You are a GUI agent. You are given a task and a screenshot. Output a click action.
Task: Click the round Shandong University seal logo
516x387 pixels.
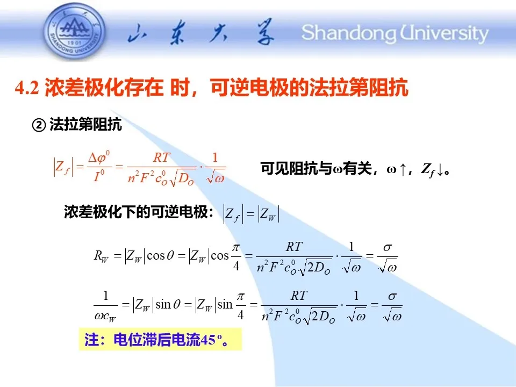pos(75,31)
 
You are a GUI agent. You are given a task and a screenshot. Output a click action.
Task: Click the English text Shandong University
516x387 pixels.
pos(395,33)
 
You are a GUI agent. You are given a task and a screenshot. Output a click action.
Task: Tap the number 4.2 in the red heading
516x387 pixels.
pos(27,88)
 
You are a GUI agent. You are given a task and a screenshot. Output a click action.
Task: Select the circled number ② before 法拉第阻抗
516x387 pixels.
pos(39,125)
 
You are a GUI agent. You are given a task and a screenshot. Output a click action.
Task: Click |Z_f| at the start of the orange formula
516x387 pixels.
pos(63,167)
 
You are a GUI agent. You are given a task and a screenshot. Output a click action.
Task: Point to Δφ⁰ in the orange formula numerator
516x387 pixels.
pos(99,157)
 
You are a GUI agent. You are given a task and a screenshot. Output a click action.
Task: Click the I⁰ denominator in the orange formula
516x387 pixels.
pos(99,176)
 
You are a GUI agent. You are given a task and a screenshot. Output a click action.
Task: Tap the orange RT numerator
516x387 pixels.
pos(162,158)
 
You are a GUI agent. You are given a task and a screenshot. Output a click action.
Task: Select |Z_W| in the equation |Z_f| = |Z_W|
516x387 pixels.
pos(269,214)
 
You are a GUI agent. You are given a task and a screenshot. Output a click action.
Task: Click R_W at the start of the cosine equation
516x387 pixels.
pos(101,256)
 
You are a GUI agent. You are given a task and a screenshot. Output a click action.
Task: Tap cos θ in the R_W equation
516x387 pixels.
pos(160,256)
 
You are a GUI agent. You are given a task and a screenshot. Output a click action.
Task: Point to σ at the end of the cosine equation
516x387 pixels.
pos(388,247)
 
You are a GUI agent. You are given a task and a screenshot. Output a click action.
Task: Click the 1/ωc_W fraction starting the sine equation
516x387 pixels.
pos(106,306)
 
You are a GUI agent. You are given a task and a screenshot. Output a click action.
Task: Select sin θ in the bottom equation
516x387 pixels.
pos(168,305)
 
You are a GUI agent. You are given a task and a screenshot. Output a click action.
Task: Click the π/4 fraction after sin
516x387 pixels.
pos(241,306)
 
